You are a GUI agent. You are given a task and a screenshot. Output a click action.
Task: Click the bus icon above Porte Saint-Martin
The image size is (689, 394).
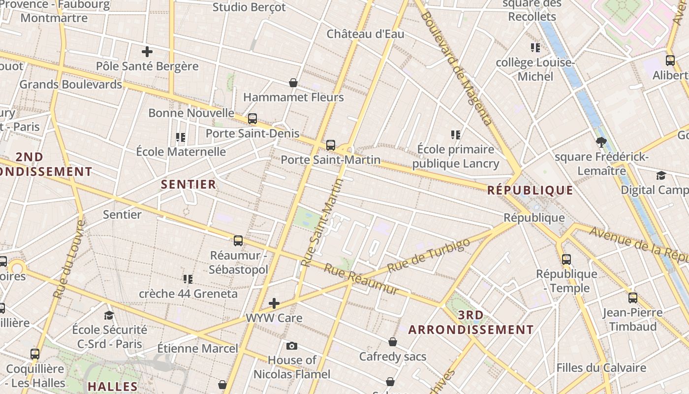click(331, 145)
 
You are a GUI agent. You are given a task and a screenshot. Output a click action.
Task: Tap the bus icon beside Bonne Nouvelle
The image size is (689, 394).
click(252, 119)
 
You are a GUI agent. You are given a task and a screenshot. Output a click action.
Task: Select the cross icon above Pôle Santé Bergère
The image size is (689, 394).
click(147, 51)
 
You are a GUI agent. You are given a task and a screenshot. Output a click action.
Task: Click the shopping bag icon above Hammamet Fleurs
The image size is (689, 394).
click(293, 83)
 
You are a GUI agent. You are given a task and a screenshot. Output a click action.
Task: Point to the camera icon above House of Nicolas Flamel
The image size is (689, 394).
click(292, 346)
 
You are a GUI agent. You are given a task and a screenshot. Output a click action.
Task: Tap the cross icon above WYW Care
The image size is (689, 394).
click(274, 303)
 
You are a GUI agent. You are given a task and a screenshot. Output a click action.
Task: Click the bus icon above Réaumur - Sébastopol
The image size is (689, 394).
click(238, 241)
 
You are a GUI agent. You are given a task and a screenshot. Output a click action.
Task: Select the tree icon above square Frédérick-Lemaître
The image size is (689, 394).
click(601, 143)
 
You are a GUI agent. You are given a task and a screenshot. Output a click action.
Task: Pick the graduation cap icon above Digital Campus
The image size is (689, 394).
click(661, 176)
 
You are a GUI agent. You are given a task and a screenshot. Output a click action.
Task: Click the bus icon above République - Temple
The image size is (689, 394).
click(566, 260)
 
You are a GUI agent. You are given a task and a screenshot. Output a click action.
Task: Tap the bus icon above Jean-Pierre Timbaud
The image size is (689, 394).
click(633, 298)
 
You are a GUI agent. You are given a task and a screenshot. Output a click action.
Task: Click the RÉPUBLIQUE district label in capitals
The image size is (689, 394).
click(530, 191)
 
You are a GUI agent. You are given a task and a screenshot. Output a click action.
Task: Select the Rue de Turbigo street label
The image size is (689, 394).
click(426, 256)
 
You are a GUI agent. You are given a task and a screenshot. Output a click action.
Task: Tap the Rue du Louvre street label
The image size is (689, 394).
click(69, 260)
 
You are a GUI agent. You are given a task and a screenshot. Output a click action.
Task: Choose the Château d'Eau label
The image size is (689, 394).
click(365, 34)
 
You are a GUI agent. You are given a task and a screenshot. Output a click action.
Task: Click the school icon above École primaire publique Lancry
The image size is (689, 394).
click(456, 134)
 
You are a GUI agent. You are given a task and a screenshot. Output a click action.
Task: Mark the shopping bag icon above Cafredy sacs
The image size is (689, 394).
click(393, 342)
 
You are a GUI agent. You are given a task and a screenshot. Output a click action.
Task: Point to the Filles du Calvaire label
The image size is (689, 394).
click(601, 368)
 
